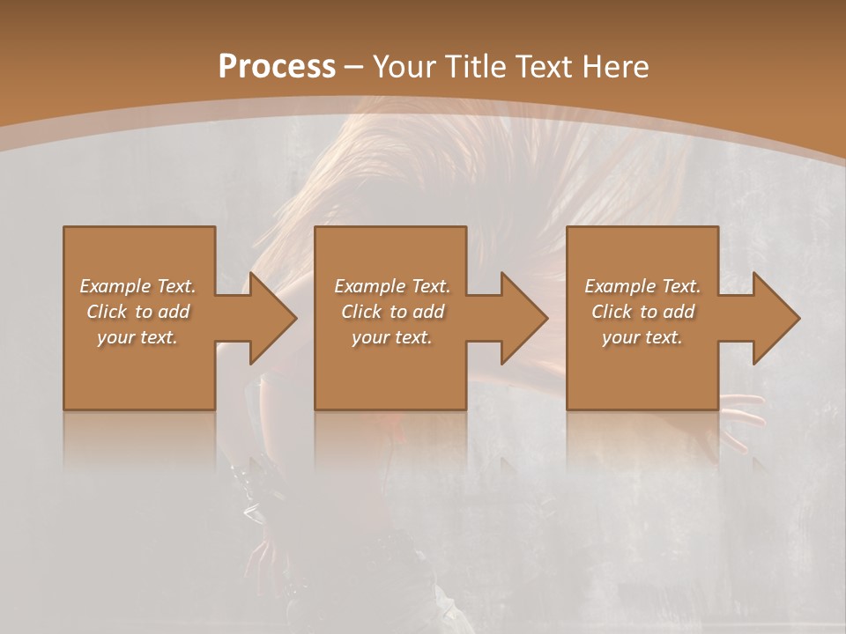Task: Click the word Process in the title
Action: tap(277, 67)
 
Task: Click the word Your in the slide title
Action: tap(404, 67)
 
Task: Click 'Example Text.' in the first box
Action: tap(137, 286)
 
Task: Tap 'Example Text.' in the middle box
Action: tap(392, 286)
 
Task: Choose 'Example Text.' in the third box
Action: tap(642, 286)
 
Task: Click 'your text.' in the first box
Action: tap(137, 337)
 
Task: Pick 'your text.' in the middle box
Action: tap(392, 337)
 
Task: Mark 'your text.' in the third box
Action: tap(642, 337)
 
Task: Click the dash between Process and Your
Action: tap(354, 67)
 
